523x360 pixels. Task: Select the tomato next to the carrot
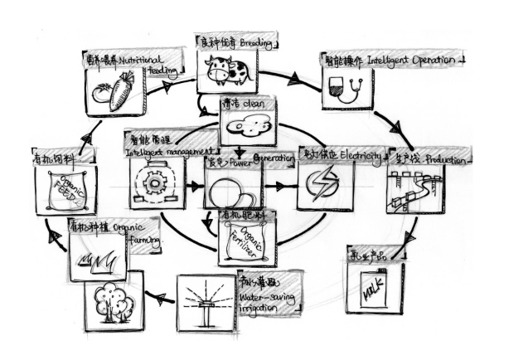(x=101, y=94)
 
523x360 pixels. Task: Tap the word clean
(x=254, y=105)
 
